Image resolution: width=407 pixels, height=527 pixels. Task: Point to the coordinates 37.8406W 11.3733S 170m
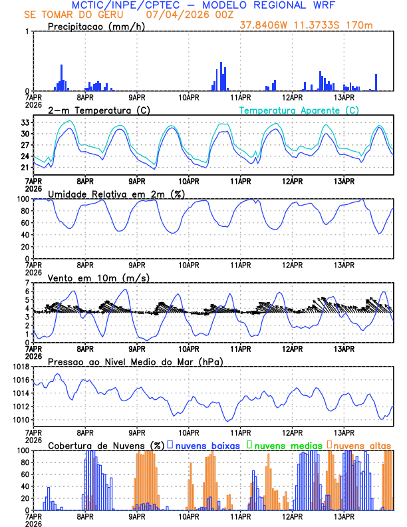point(315,26)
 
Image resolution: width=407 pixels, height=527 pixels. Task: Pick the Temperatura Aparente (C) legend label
point(299,110)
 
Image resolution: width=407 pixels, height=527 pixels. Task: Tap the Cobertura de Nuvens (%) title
point(106,444)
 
